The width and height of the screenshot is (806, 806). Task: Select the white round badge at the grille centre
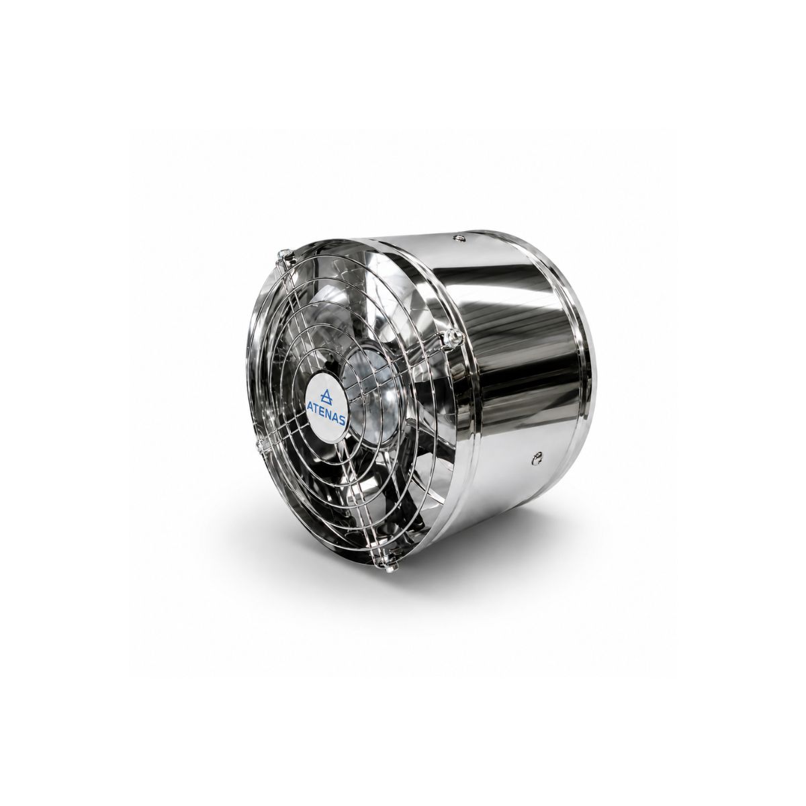(x=326, y=404)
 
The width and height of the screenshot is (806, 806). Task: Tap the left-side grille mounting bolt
(x=260, y=445)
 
